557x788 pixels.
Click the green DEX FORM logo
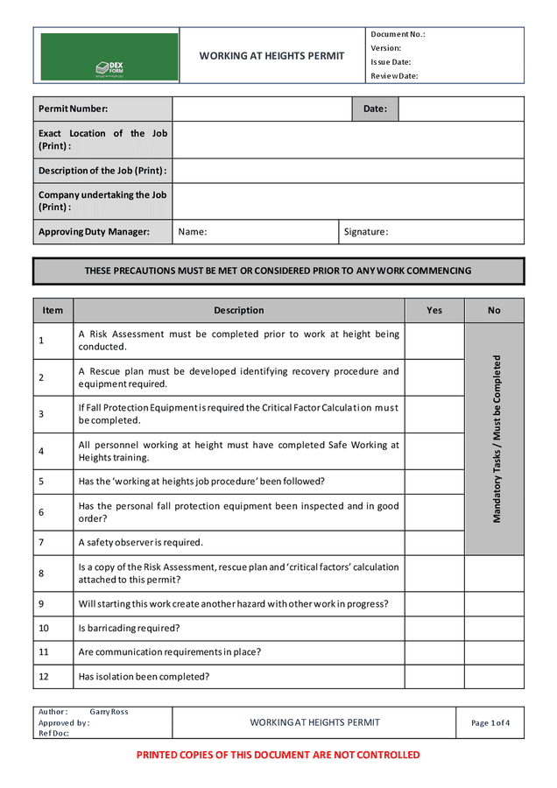pyautogui.click(x=109, y=57)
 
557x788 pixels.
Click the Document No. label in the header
pyautogui.click(x=398, y=34)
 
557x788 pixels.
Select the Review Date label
pyautogui.click(x=394, y=76)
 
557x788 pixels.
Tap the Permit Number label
pyautogui.click(x=74, y=109)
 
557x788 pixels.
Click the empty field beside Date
pyautogui.click(x=461, y=109)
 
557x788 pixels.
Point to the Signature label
pyautogui.click(x=366, y=232)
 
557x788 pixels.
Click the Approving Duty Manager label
pyautogui.click(x=94, y=232)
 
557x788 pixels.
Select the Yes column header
pyautogui.click(x=434, y=310)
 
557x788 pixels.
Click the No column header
pyautogui.click(x=494, y=310)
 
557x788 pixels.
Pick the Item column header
pyautogui.click(x=53, y=310)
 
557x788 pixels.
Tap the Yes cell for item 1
pyautogui.click(x=434, y=341)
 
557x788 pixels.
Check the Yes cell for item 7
pyautogui.click(x=434, y=543)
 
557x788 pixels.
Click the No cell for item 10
pyautogui.click(x=494, y=628)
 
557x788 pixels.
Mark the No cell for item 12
pyautogui.click(x=494, y=677)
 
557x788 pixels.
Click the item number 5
pyautogui.click(x=41, y=482)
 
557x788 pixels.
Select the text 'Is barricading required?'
pyautogui.click(x=129, y=628)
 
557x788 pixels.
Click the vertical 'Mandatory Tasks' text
pyautogui.click(x=497, y=439)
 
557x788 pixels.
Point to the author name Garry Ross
pyautogui.click(x=109, y=712)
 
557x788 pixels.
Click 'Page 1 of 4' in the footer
pyautogui.click(x=490, y=723)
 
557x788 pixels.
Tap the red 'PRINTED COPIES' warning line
pyautogui.click(x=278, y=755)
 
